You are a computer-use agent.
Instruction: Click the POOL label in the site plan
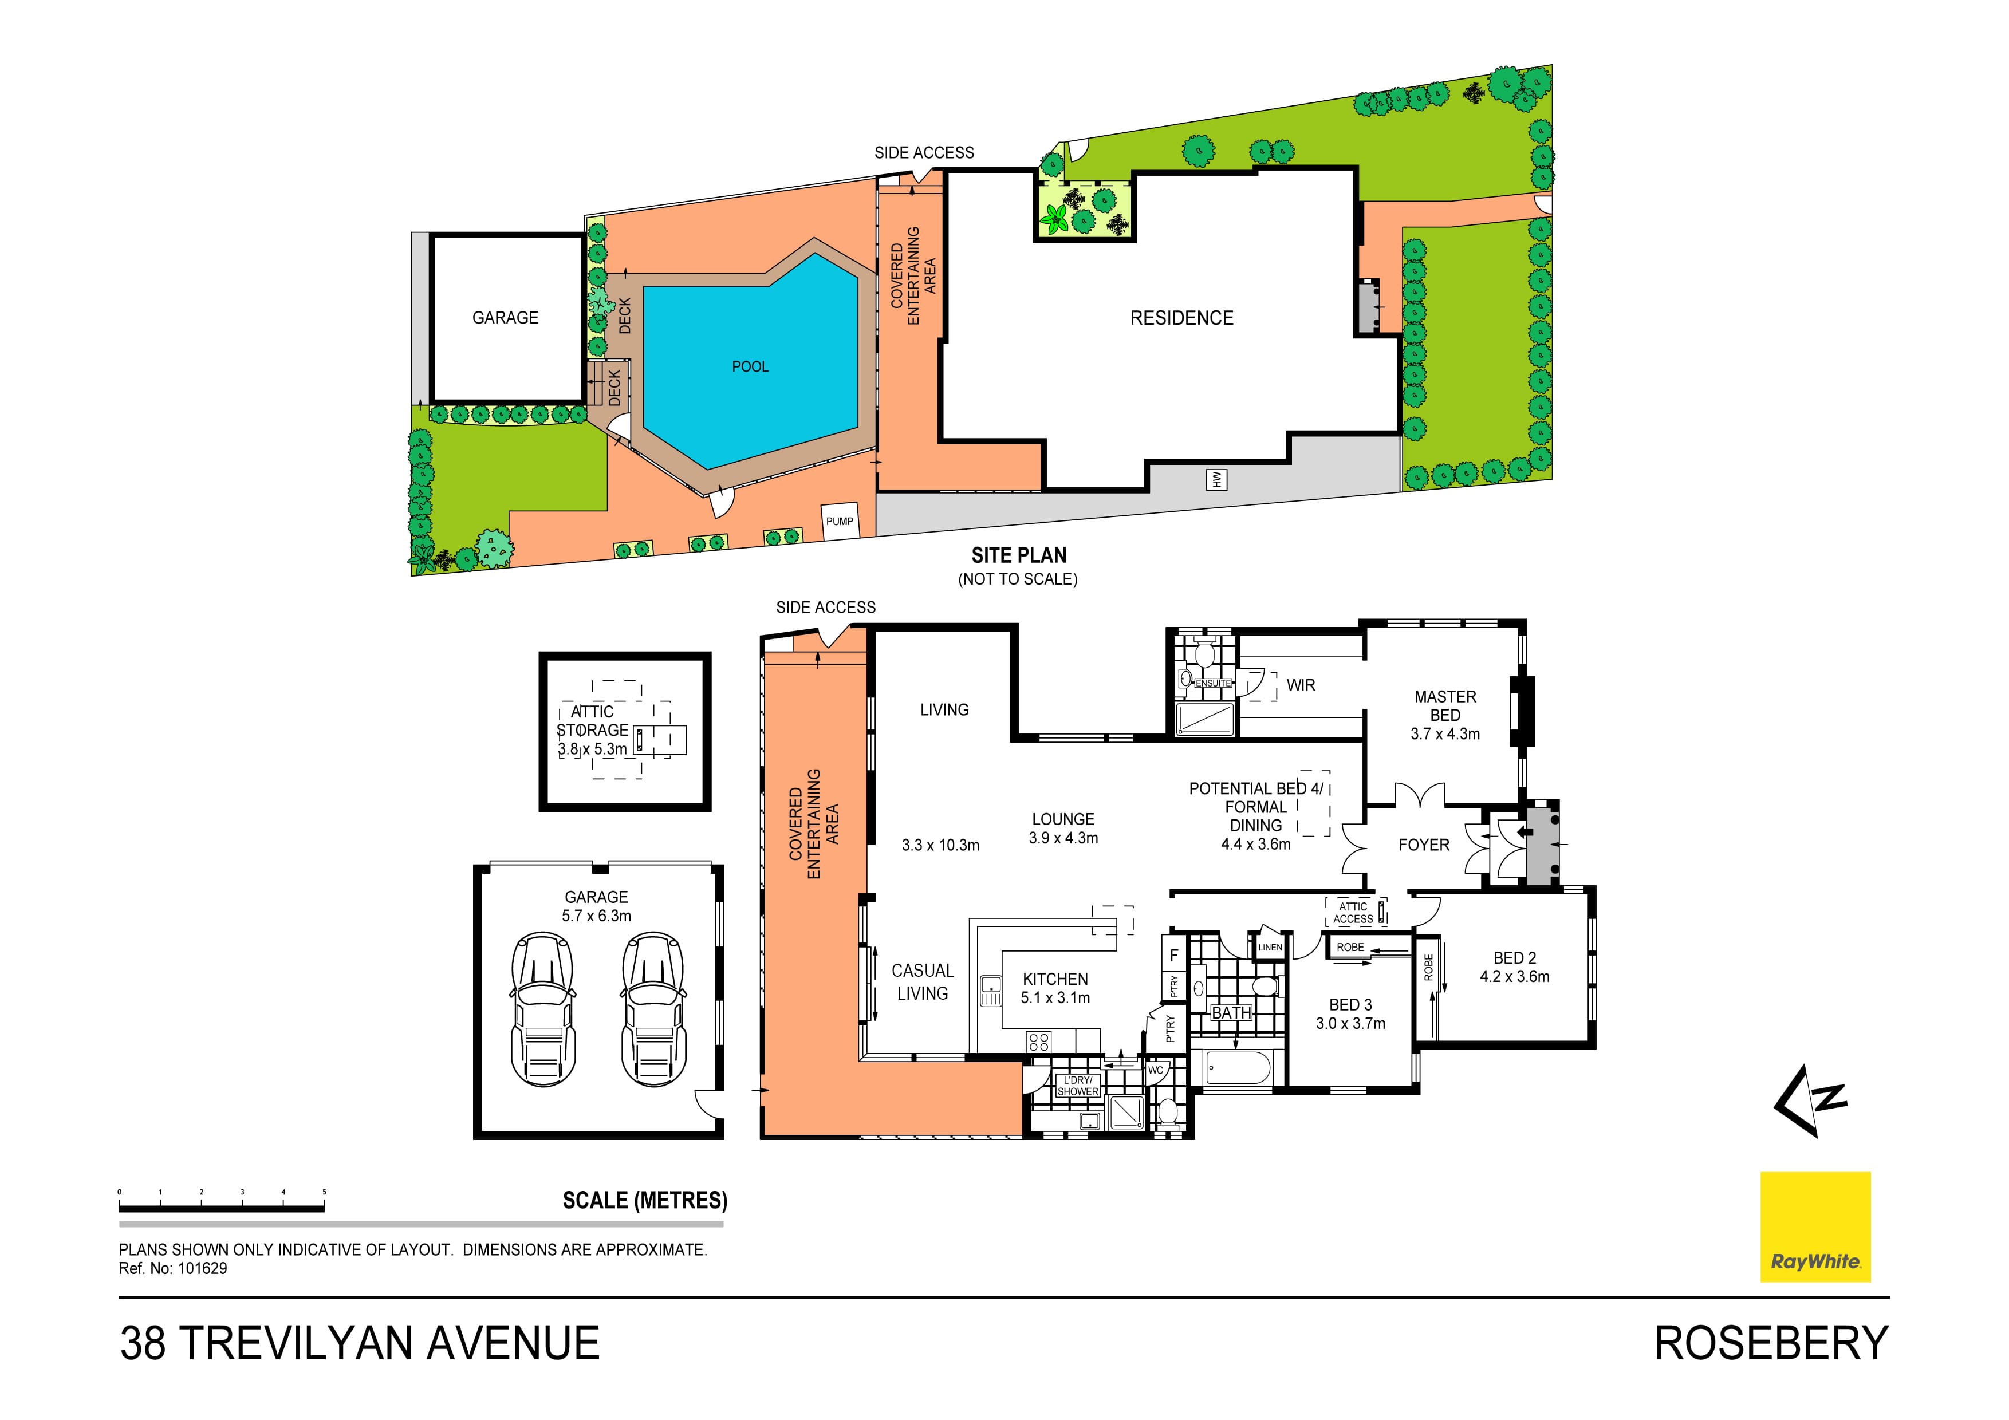pos(750,366)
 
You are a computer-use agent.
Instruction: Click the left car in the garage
pos(542,1011)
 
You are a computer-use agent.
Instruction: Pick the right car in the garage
pos(653,1011)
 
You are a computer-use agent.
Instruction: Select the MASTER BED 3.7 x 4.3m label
pos(1445,715)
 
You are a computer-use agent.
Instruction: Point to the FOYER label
pos(1424,845)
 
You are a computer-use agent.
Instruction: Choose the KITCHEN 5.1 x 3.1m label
pos(1055,988)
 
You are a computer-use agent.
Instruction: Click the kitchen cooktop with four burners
pos(1039,1041)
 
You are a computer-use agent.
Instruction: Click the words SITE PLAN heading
pos(1018,555)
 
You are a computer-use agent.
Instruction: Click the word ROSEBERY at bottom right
pos(1771,1343)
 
